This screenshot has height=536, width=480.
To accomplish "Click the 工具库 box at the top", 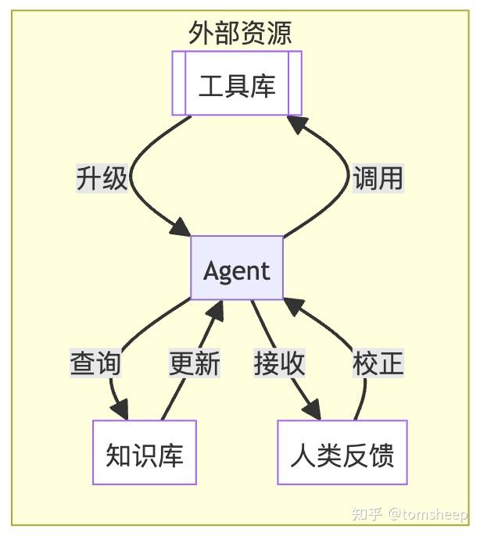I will pos(237,84).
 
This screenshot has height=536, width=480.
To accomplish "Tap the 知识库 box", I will pos(145,453).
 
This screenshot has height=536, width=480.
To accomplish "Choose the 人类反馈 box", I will pos(342,453).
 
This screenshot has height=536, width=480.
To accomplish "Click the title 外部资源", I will pos(240,33).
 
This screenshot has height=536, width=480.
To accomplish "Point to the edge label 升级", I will pos(102,177).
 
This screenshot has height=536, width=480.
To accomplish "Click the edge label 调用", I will pos(378,177).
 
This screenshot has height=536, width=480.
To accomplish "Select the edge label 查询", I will pos(95,363).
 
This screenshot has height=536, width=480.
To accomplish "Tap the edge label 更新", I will pos(195,363).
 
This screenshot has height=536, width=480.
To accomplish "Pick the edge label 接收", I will pos(279,363).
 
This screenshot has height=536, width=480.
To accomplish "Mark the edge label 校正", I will pos(378,363).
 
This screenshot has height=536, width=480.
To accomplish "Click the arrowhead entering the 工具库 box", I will pos(295,123).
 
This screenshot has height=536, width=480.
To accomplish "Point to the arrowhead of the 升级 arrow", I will pos(181,229).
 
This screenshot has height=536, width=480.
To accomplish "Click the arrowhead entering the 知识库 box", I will pos(120,410).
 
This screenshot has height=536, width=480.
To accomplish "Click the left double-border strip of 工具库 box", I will pos(179,84).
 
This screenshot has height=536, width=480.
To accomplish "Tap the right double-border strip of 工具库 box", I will pos(295,84).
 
